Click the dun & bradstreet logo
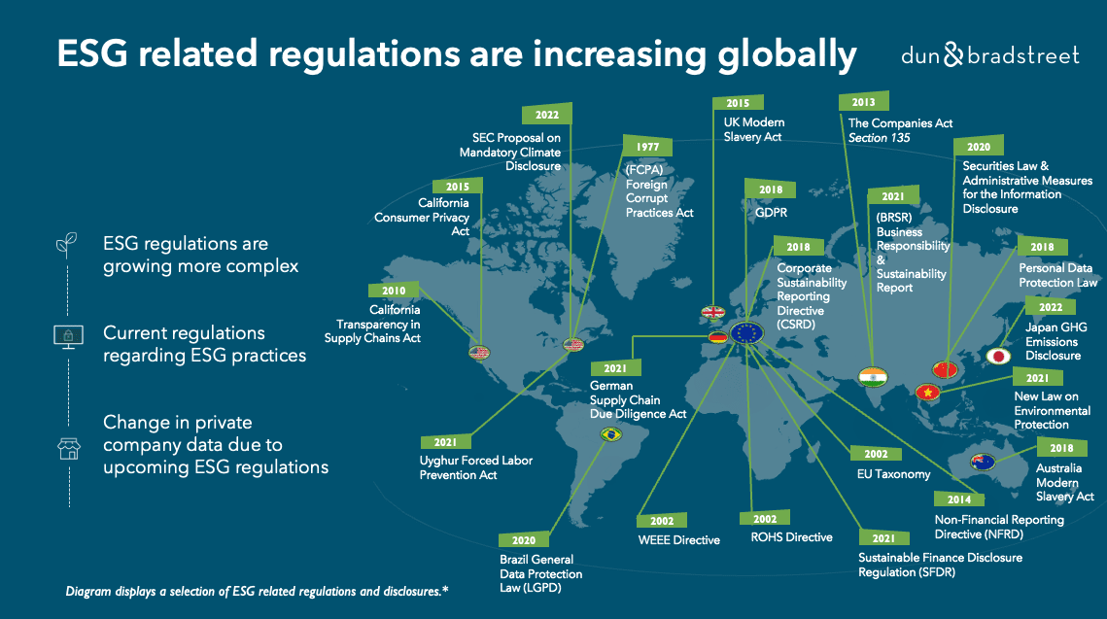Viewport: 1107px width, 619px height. click(988, 55)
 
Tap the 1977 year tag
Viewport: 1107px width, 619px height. click(647, 146)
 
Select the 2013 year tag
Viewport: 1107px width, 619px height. click(863, 102)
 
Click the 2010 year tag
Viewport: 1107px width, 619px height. click(394, 291)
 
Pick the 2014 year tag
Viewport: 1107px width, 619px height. click(959, 499)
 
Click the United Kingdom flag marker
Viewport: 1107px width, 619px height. click(712, 313)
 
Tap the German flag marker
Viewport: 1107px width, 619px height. click(717, 337)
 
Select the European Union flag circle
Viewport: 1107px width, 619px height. click(747, 333)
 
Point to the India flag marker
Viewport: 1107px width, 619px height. click(873, 376)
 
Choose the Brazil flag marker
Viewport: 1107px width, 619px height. click(611, 434)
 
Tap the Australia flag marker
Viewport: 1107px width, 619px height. click(984, 463)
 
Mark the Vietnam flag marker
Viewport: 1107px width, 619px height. click(928, 393)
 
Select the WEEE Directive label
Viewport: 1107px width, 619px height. click(678, 539)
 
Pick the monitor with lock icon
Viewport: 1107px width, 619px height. click(66, 335)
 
